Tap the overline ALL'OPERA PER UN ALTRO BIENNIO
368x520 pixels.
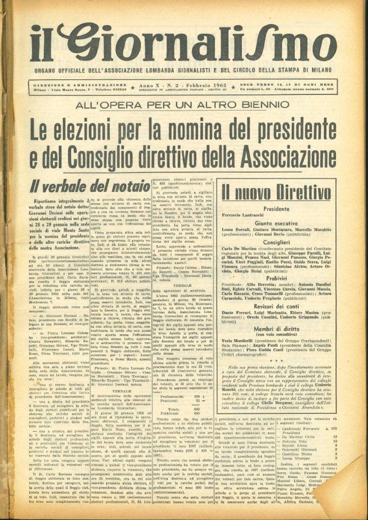pos(183,106)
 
